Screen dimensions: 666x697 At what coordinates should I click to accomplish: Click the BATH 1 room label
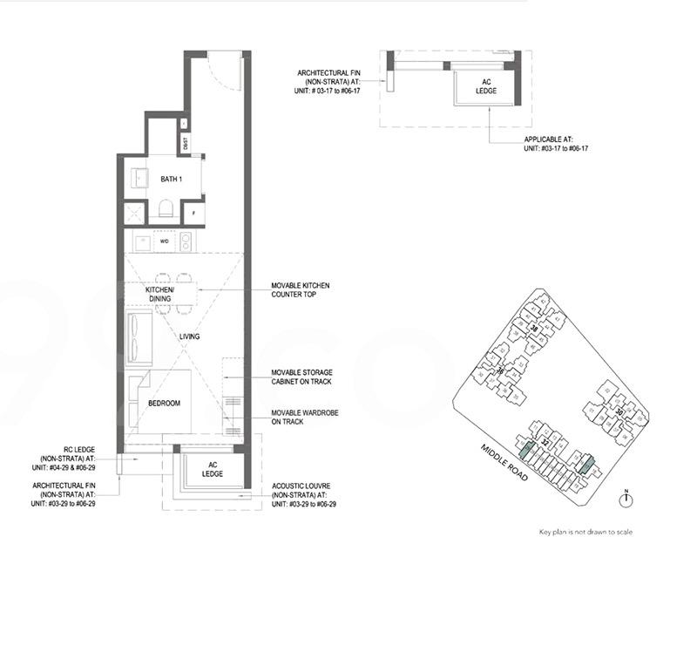click(170, 180)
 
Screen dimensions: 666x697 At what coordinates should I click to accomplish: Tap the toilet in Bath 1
click(166, 209)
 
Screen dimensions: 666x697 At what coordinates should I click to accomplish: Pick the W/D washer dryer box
click(163, 241)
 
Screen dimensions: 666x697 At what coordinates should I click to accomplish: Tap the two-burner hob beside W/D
click(186, 241)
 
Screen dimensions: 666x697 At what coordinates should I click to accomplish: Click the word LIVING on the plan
click(190, 336)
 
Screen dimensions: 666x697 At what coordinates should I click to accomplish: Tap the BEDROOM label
click(164, 404)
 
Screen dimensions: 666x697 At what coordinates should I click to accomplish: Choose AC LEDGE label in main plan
click(213, 469)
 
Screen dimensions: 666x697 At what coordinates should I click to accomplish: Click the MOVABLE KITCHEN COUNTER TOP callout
click(300, 290)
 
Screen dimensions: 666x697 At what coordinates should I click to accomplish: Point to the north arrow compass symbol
click(626, 499)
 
